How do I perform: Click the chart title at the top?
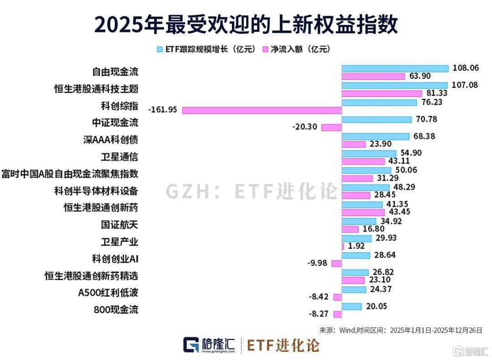click(x=246, y=24)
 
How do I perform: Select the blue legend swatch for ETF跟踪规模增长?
click(x=159, y=49)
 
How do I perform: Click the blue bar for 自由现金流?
click(x=395, y=68)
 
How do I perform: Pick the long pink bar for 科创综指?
click(x=262, y=110)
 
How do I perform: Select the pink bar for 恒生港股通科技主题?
click(x=382, y=93)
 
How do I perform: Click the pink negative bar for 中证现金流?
click(x=332, y=127)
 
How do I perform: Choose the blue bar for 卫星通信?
click(x=369, y=153)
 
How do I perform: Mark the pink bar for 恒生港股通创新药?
click(x=363, y=212)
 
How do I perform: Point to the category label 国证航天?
click(x=119, y=224)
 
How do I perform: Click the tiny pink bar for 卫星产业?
click(x=343, y=246)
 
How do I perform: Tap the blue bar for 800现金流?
click(x=352, y=306)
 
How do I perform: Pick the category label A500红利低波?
click(x=108, y=293)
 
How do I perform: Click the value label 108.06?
click(x=466, y=68)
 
